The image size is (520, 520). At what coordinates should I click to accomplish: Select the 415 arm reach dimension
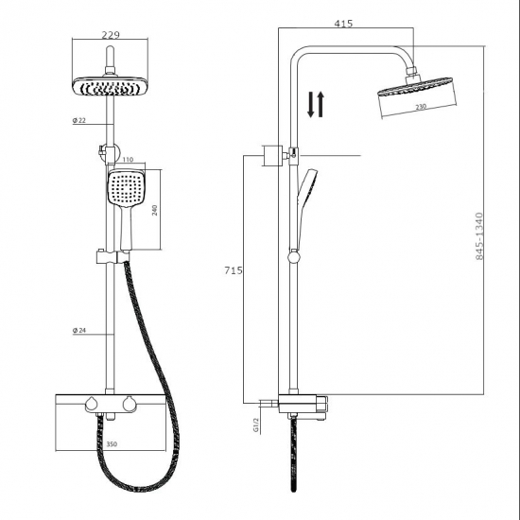343,24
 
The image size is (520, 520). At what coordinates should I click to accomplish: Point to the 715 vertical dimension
234,271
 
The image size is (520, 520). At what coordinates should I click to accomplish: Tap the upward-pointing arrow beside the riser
321,104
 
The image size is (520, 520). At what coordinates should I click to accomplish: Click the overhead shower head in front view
112,86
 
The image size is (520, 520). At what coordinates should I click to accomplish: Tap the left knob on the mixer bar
92,406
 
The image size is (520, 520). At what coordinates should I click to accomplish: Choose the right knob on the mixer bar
128,406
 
